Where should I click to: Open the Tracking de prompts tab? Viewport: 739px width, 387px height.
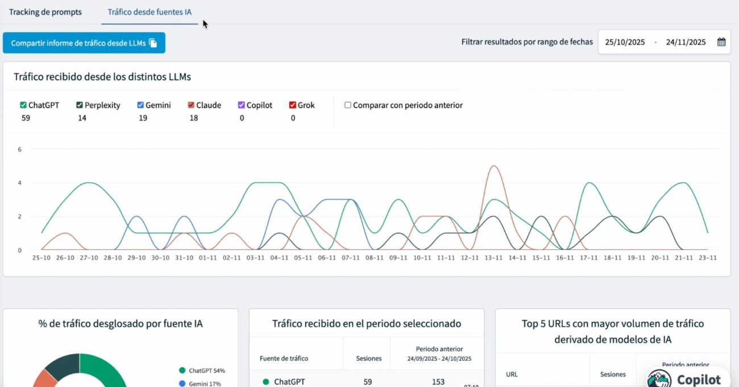[x=45, y=12]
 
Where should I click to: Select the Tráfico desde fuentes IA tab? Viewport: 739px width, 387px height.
[x=150, y=12]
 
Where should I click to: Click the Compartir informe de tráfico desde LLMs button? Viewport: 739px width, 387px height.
[x=84, y=43]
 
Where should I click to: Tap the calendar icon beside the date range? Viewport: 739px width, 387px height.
[x=721, y=42]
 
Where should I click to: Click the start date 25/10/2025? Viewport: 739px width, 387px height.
[x=625, y=42]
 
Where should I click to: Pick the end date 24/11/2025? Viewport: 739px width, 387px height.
[x=686, y=42]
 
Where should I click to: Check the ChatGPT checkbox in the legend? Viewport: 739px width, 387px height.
[x=23, y=105]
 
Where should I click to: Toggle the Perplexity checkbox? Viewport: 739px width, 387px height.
[x=80, y=105]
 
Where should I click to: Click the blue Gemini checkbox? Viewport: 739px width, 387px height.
[x=140, y=105]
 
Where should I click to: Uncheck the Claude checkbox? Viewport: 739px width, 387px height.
[x=191, y=105]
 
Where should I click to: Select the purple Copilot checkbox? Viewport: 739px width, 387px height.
[x=241, y=105]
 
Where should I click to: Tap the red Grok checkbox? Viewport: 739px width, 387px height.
[x=292, y=105]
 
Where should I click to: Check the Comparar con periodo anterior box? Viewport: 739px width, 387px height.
[x=348, y=105]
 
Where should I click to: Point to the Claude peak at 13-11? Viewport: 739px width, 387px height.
[x=493, y=166]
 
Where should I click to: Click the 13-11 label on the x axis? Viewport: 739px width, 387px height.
[x=493, y=258]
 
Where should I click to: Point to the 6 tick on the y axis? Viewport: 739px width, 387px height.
[x=19, y=150]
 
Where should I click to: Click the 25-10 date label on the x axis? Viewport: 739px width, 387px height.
[x=41, y=258]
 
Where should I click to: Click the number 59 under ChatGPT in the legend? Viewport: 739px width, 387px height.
[x=26, y=118]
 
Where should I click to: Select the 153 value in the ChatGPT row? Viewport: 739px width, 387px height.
[x=438, y=382]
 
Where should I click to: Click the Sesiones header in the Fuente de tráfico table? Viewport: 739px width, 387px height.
[x=368, y=359]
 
